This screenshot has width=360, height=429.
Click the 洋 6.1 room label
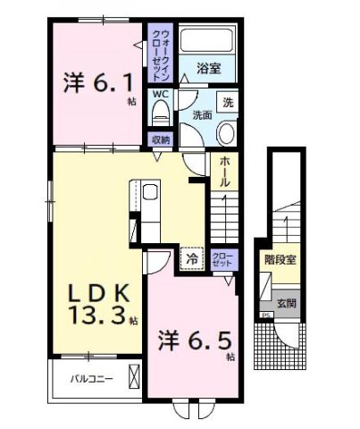pos(95,84)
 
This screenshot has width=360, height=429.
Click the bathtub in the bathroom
pos(206,42)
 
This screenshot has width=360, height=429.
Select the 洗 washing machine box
pos(228,102)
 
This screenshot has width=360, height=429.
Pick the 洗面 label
pos(202,114)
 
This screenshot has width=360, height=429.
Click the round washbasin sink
pos(225,133)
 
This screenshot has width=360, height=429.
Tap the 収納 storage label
pos(160,139)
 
